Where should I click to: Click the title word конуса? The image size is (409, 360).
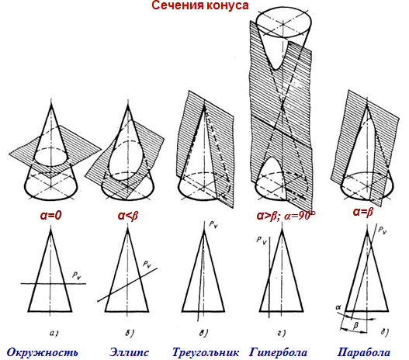click(224, 5)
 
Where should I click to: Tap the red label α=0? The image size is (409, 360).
click(50, 216)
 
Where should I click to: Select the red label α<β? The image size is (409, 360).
click(127, 216)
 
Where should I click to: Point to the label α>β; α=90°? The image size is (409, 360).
click(286, 216)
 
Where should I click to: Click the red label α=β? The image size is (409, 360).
click(363, 212)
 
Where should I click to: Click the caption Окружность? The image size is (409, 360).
click(42, 352)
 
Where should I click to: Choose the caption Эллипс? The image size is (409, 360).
click(129, 352)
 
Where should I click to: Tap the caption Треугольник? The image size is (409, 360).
click(206, 352)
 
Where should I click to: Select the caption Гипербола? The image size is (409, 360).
click(278, 352)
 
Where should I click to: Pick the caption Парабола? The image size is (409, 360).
click(364, 352)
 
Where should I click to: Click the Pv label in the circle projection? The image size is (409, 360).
click(77, 275)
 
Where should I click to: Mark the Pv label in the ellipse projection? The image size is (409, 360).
click(147, 265)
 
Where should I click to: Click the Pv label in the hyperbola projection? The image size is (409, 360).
click(262, 240)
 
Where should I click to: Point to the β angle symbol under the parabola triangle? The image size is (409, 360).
click(355, 325)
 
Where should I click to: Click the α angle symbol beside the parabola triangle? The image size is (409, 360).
click(338, 307)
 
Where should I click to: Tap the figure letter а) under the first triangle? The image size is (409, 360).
click(54, 333)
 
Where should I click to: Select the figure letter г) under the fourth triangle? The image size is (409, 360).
click(282, 333)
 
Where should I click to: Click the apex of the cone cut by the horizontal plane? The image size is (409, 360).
click(51, 104)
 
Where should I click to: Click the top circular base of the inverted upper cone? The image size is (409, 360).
click(283, 24)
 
